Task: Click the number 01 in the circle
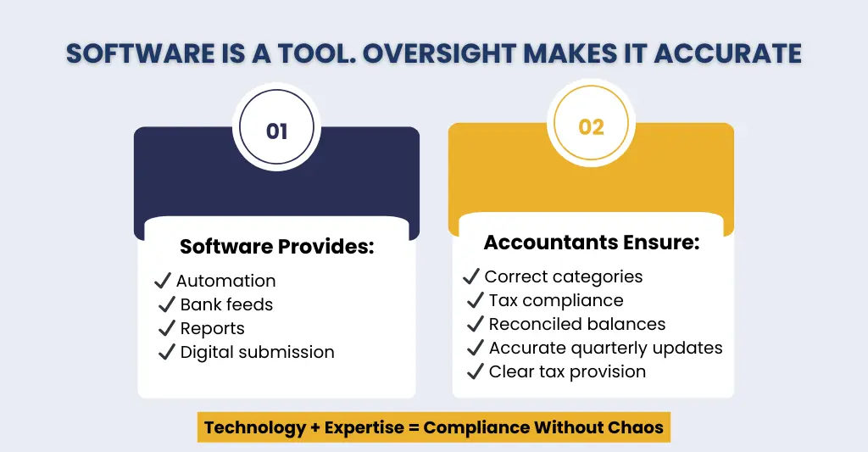276,131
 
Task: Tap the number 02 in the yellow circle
591,126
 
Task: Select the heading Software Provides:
277,247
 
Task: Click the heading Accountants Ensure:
591,243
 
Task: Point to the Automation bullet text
226,281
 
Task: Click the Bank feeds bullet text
226,304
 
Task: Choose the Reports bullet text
212,328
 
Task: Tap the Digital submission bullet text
257,352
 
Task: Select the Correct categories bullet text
563,276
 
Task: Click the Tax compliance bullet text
555,300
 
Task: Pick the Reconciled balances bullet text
576,324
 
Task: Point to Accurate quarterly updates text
605,348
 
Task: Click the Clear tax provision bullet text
567,371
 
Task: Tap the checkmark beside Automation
163,281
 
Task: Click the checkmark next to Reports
167,328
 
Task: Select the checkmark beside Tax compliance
476,300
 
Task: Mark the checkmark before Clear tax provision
476,371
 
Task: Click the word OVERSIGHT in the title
432,53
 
